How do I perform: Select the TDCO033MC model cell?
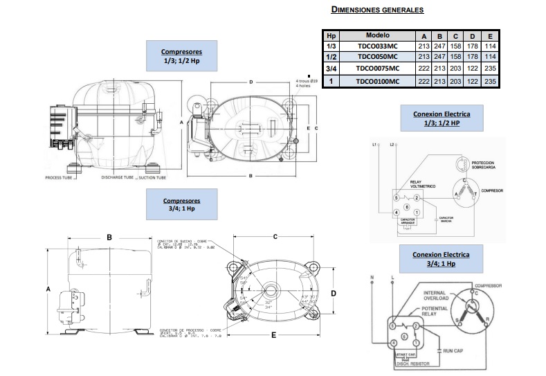tap(378, 46)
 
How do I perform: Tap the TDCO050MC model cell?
tap(378, 57)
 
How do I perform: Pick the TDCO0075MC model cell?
tap(378, 69)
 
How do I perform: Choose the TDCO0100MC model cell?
tap(378, 81)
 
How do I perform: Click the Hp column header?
tap(331, 35)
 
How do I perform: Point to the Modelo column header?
tap(378, 35)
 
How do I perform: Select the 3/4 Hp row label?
tap(331, 69)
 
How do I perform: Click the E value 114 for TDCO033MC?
tap(491, 46)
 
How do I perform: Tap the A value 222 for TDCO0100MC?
tap(424, 81)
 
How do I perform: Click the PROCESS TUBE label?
tap(60, 178)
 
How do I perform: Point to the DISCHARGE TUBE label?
tap(117, 178)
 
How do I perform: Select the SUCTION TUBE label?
tap(152, 178)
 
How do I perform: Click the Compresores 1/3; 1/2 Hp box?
tap(181, 56)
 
